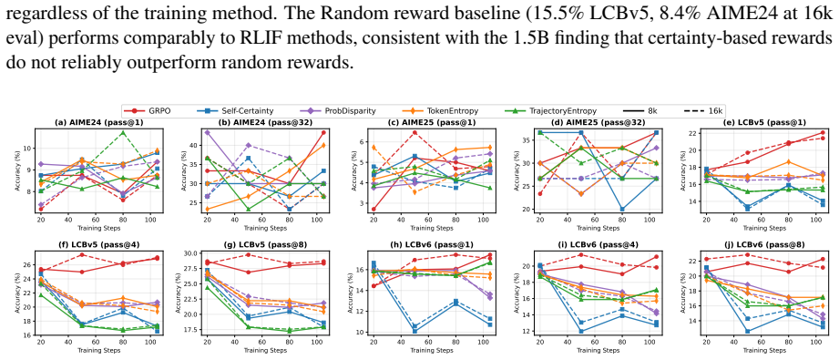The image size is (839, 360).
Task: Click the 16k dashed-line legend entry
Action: (703, 111)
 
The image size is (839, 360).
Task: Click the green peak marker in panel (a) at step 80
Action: (123, 132)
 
